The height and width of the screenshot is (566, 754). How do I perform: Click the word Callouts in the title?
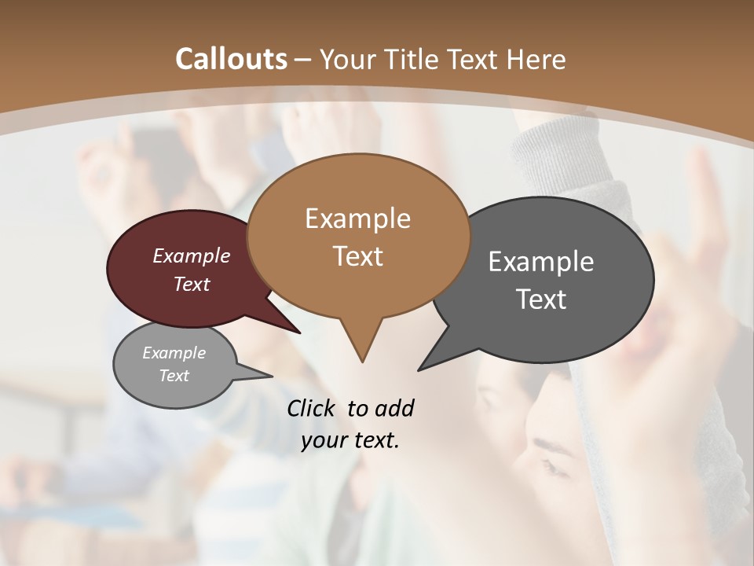[231, 59]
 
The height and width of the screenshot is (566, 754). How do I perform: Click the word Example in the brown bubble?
[357, 219]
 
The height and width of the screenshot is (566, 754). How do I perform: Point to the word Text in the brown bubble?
[357, 256]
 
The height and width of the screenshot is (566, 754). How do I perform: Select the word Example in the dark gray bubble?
[541, 262]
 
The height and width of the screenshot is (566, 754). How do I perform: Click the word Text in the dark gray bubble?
[541, 300]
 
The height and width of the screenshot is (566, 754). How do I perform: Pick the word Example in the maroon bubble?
[192, 255]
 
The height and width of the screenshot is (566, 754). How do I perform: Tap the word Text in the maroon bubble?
[192, 284]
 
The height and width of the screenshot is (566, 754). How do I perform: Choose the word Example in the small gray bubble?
[174, 353]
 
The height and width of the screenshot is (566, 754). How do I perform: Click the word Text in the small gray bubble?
[174, 376]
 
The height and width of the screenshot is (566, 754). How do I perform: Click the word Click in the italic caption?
[312, 408]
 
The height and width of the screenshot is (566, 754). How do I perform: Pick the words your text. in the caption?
[350, 440]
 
